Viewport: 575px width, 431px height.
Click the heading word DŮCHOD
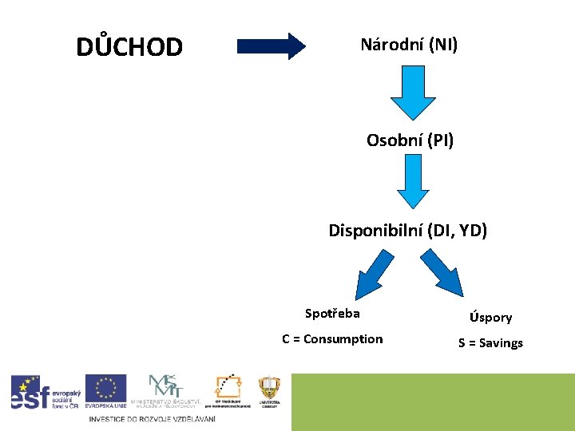(129, 47)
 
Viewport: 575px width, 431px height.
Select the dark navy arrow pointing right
(272, 45)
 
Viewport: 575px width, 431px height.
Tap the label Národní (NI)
(409, 45)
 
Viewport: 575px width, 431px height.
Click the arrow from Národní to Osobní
(412, 94)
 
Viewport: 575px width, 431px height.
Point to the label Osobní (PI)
(410, 141)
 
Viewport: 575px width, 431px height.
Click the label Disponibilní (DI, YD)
(407, 231)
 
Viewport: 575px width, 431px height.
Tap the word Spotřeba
(332, 313)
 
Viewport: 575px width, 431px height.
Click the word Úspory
(490, 318)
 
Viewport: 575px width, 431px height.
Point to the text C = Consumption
(332, 339)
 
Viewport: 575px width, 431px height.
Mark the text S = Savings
(490, 343)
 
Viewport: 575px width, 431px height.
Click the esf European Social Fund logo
(42, 392)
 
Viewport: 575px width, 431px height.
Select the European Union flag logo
(105, 391)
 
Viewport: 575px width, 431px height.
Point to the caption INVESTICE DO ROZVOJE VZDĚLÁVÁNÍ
(152, 420)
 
